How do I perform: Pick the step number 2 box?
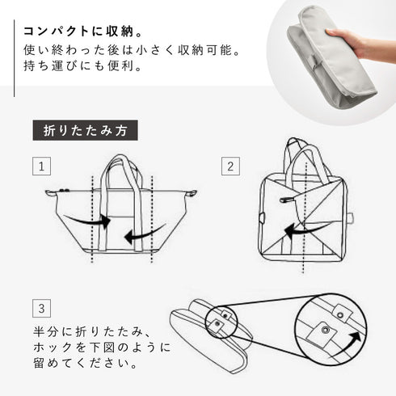[230, 168]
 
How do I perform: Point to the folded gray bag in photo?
[323, 57]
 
